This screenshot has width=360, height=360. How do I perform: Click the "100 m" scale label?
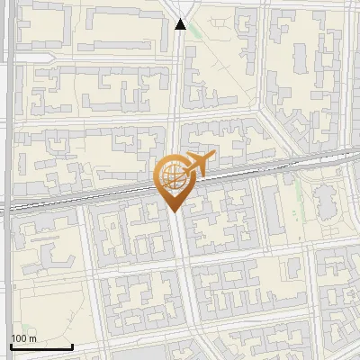tap(23, 338)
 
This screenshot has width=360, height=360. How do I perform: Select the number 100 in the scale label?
tap(19, 338)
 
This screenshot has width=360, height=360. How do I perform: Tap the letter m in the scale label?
tap(32, 338)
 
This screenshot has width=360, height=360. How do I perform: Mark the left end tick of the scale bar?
tap(11, 345)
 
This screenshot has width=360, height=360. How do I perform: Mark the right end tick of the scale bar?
tap(73, 345)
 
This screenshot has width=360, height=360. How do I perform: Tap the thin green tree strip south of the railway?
tap(296, 193)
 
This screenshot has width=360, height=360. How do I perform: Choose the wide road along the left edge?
tap(7, 180)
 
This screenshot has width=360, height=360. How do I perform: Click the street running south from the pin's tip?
tap(183, 270)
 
